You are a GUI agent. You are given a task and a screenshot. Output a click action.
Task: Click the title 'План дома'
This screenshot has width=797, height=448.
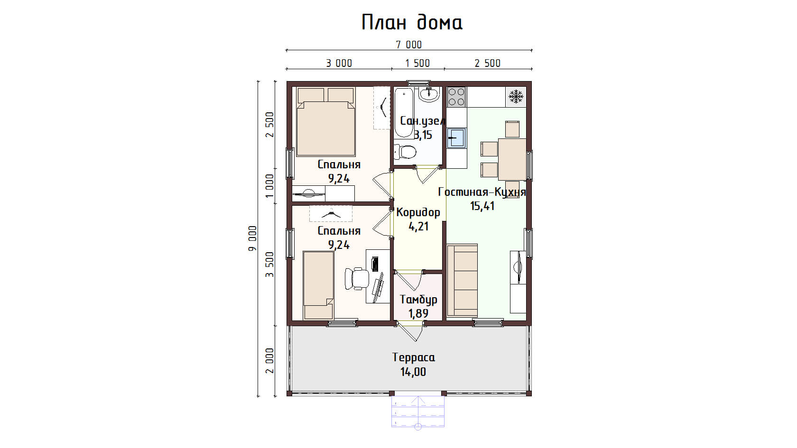coord(412,22)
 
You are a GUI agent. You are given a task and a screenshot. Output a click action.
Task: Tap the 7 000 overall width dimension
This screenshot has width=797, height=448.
coord(409,45)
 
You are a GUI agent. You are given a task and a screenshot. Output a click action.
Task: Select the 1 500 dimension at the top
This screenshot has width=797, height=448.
coord(417,64)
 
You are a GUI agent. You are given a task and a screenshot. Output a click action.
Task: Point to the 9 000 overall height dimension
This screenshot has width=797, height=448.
coord(252,238)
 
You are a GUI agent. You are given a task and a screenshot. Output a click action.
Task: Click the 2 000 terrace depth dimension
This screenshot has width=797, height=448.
coord(270,360)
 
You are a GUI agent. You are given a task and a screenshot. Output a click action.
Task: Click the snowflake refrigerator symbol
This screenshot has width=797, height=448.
coord(516,96)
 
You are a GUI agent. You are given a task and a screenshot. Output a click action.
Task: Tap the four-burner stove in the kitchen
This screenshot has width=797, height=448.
coord(456,97)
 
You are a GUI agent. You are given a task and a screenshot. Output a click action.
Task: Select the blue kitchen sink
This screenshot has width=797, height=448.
coord(456,138)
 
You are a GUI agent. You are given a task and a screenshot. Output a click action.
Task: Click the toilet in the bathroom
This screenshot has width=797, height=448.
coord(405,152)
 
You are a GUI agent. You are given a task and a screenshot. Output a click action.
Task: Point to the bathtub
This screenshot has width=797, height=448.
coord(404,113)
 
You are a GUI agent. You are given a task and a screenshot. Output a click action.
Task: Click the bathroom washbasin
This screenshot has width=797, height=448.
coord(429,94)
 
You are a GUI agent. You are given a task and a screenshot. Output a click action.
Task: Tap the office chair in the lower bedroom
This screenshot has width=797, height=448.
coord(357,279)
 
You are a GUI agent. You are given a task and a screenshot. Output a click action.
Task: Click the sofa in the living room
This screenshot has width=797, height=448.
coord(462,280)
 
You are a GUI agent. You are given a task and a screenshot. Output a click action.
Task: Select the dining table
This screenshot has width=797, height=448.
coord(512,159)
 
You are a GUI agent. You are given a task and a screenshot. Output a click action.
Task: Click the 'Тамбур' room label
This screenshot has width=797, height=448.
coord(418,300)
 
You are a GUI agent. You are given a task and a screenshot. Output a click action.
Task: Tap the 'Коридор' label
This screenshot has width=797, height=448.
coord(418,212)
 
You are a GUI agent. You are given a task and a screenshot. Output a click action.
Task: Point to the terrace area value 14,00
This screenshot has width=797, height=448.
coord(413,372)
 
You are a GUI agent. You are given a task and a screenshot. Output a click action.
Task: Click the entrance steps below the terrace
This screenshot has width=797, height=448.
coord(418,411)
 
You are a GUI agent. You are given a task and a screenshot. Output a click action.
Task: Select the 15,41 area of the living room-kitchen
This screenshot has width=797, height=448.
coord(482,206)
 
